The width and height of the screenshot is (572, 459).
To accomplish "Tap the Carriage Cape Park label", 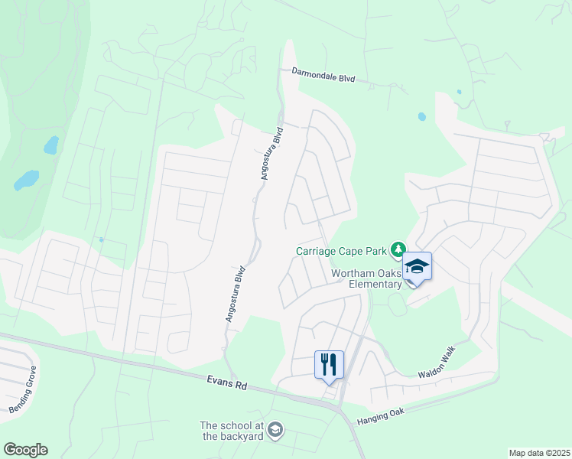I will tap(342, 251).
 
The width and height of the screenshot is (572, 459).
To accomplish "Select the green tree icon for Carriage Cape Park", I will tap(398, 249).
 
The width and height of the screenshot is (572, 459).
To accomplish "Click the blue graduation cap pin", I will tap(417, 267).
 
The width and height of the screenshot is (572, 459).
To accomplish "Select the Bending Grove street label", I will tap(24, 390).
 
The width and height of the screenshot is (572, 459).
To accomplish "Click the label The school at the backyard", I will tap(232, 431).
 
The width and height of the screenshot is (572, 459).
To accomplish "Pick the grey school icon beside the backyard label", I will tap(275, 431).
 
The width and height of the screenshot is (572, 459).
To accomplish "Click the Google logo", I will tap(24, 450).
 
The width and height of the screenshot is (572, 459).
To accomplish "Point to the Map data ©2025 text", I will tap(538, 453).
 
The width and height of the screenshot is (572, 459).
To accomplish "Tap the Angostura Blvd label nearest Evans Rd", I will tap(235, 293).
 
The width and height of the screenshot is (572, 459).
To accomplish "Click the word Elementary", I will tap(375, 285).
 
